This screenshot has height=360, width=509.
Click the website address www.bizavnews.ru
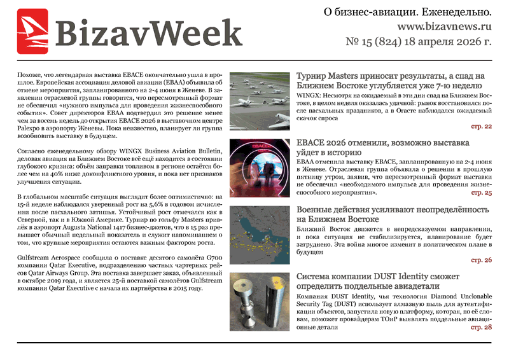click(445, 27)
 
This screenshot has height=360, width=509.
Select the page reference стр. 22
click(481, 127)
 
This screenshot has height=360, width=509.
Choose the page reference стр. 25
click(481, 192)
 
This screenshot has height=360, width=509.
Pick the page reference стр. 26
click(481, 260)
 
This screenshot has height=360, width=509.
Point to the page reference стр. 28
click(481, 327)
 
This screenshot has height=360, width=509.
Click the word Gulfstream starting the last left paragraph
click(35, 260)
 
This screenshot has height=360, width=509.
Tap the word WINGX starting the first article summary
click(310, 93)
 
